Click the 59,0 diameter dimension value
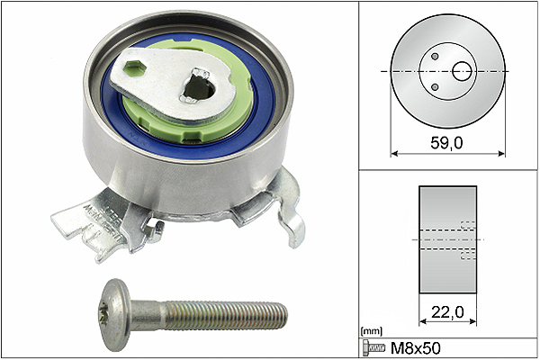[x=446, y=142]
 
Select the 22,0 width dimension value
[x=447, y=312]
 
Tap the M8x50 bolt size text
[x=415, y=348]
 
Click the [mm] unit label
[x=371, y=331]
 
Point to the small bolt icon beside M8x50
[x=373, y=348]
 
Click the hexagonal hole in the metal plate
[x=135, y=68]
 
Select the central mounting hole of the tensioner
[x=199, y=87]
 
